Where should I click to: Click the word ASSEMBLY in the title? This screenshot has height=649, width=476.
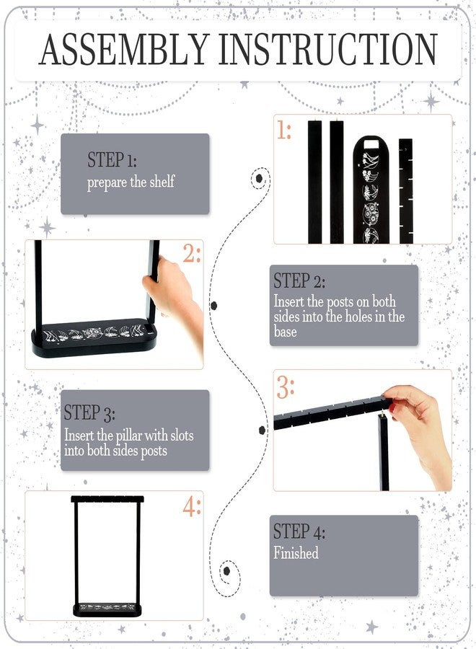124,49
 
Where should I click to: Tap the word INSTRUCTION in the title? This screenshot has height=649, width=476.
328,49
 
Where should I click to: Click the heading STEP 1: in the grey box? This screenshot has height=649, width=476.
112,159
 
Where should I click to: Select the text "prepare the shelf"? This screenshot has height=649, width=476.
131,182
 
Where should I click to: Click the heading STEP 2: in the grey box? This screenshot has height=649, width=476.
299,281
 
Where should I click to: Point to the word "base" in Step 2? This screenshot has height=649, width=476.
285,332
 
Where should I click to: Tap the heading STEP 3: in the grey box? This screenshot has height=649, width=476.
89,412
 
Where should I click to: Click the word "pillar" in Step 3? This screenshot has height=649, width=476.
128,436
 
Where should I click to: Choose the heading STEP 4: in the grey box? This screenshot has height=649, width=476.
299,531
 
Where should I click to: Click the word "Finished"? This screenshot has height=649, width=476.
296,553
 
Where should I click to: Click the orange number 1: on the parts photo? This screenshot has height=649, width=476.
284,130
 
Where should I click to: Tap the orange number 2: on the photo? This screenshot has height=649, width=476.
192,253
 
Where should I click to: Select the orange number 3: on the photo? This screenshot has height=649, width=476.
286,387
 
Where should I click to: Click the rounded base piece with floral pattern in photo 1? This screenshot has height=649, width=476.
371,190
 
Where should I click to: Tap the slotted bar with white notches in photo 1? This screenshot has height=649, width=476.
405,191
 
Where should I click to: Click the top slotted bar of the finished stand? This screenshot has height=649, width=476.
107,499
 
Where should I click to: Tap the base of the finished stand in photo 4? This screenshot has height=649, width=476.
107,609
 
